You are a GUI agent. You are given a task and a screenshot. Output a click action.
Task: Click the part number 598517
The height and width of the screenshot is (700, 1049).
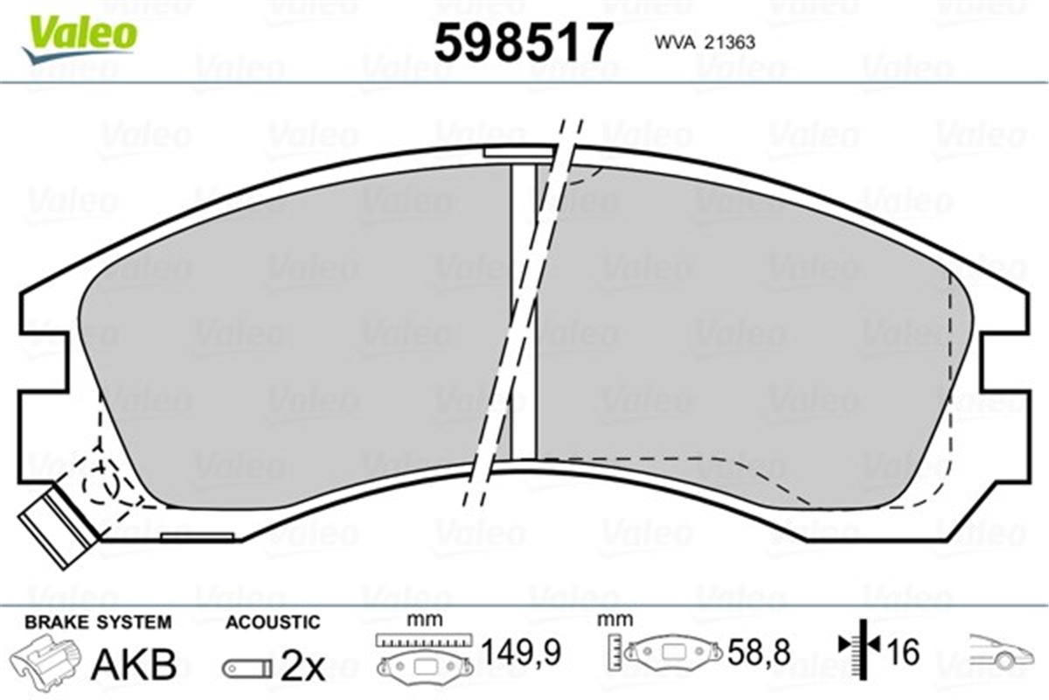[524, 43]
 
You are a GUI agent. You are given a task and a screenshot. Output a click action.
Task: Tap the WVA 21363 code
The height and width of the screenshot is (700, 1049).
[705, 43]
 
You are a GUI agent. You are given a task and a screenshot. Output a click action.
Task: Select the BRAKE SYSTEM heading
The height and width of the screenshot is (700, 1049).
[98, 623]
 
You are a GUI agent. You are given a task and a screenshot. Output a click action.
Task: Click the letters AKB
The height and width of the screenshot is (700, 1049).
[135, 664]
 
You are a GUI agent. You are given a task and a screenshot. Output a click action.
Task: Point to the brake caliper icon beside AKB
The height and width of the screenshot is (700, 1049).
[45, 658]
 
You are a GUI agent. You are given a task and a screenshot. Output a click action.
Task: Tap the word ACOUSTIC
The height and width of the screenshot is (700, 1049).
[273, 623]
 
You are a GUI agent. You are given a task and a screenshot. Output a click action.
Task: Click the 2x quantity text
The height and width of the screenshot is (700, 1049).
[302, 667]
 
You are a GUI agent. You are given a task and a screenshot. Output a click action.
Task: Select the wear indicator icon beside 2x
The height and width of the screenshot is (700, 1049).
[247, 668]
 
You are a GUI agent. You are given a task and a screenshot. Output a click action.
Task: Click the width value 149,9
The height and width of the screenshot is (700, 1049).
[521, 653]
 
